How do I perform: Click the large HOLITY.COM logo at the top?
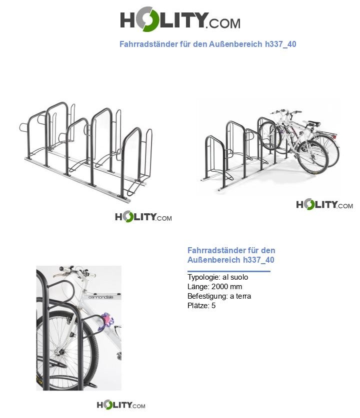click(180, 20)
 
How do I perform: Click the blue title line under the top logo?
click(207, 44)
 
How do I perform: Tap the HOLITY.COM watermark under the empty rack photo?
click(143, 217)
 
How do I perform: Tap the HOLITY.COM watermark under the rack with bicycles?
click(324, 205)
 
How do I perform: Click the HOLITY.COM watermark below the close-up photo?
click(121, 405)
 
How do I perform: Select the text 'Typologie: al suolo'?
click(217, 277)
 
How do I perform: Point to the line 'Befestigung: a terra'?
click(219, 296)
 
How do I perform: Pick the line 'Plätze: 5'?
click(201, 306)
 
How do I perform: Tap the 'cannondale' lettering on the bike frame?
click(101, 297)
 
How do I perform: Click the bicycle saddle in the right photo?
click(313, 123)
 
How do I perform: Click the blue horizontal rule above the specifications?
click(228, 271)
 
